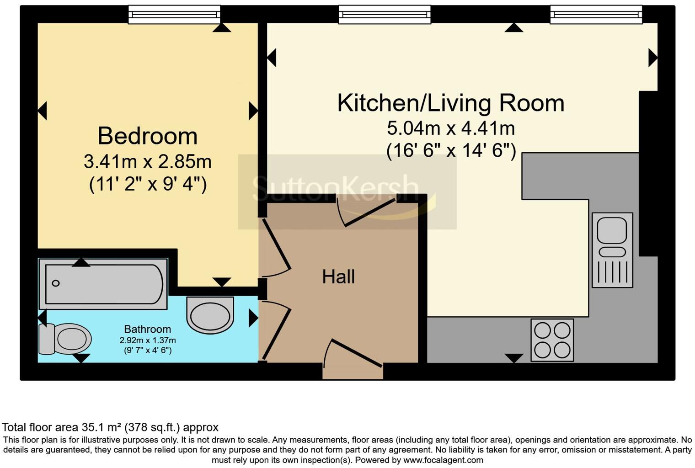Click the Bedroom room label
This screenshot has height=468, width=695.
coord(148,136)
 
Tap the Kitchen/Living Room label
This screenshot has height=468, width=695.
coord(450,103)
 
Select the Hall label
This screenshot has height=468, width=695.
coord(338,277)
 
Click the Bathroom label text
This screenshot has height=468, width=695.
coord(148,329)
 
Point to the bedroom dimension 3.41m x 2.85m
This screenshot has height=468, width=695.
coord(148,162)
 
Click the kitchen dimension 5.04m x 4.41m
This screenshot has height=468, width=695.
coord(451,128)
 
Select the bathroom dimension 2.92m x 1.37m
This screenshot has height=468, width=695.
coord(148,340)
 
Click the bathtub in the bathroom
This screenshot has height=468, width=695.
coord(103,284)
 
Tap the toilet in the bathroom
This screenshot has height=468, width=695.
coord(64,339)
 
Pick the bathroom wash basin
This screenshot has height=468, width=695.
coord(210,315)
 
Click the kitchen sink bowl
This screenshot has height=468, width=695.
coord(612,230)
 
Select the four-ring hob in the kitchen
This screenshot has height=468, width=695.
coord(552,340)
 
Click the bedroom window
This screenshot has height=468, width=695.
coord(174,15)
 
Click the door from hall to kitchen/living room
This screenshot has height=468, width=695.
coord(366,212)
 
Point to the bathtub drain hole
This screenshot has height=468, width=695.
coord(56,283)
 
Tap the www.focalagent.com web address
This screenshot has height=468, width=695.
coord(444,460)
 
